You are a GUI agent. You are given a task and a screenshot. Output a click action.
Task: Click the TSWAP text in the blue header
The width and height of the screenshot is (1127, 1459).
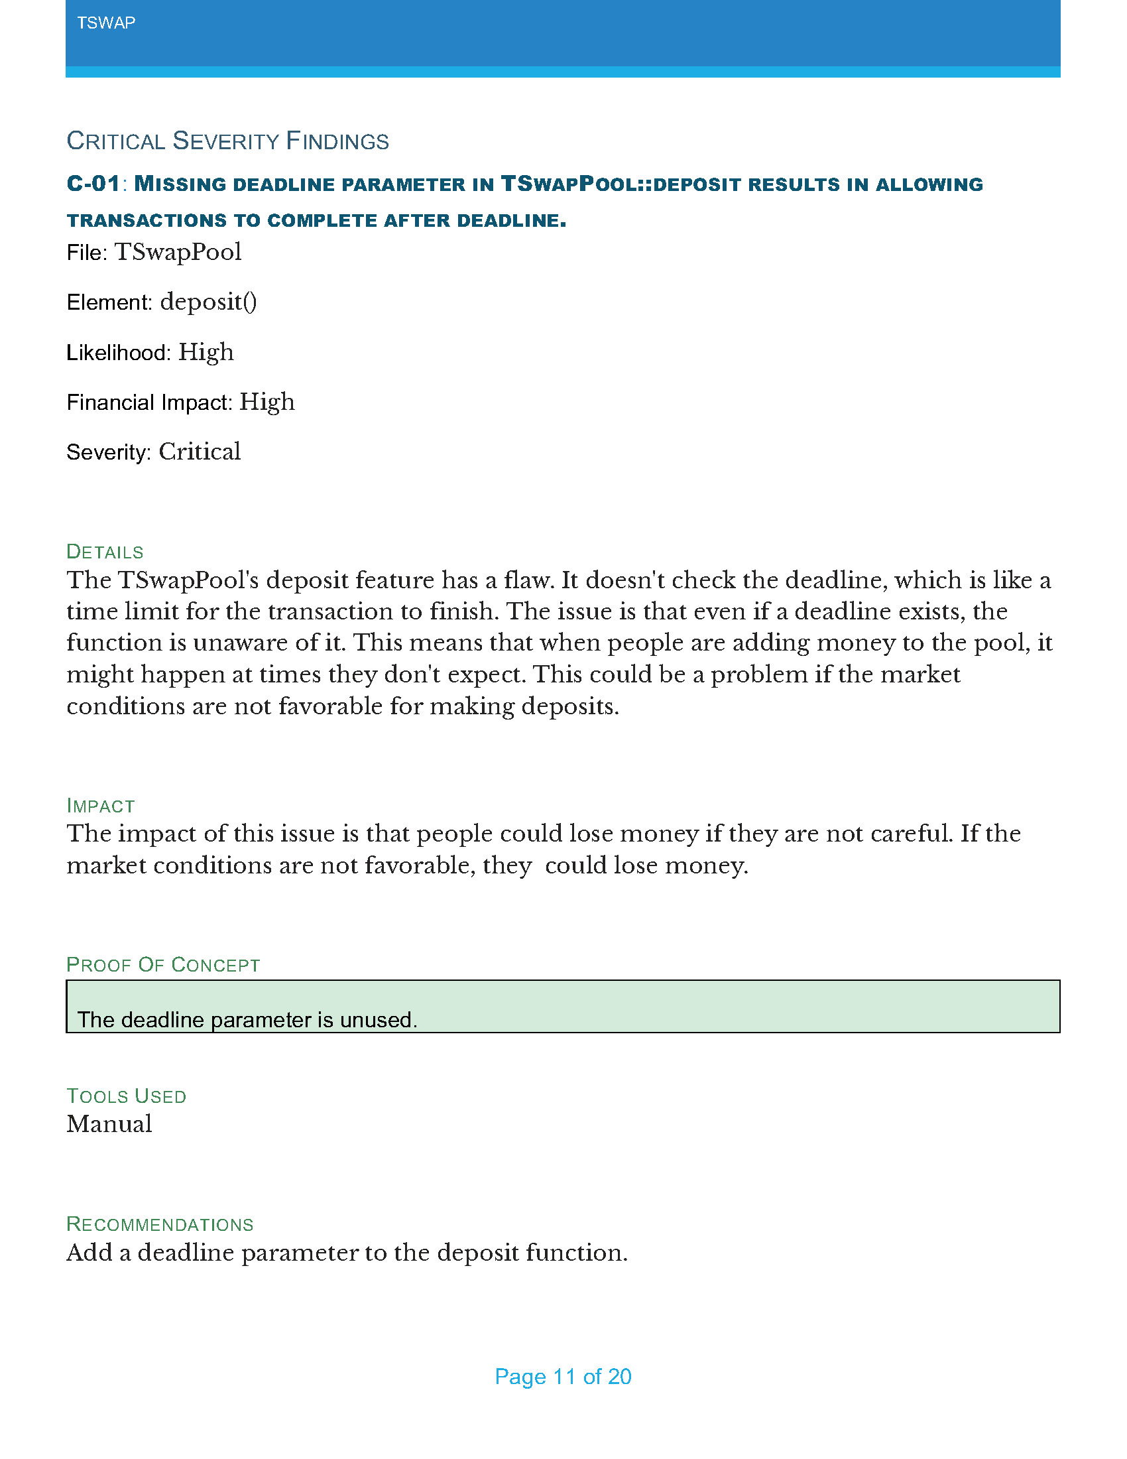(106, 23)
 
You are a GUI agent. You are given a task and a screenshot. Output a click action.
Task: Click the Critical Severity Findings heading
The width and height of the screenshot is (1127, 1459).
(227, 141)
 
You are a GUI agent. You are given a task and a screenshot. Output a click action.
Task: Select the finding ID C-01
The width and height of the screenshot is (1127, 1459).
(93, 184)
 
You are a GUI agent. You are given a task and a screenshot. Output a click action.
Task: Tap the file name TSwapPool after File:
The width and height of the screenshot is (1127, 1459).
(178, 253)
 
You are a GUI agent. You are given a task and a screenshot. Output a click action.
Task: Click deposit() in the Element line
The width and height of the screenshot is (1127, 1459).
(208, 302)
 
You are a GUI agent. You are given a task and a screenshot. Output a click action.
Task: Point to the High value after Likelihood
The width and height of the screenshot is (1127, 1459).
(206, 353)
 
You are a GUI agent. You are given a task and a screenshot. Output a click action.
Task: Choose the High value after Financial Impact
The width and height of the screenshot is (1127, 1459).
(267, 402)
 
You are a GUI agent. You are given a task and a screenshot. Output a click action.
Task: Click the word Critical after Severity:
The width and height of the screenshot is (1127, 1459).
(199, 452)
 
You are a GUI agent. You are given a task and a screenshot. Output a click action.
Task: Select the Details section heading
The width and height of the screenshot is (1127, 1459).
(105, 552)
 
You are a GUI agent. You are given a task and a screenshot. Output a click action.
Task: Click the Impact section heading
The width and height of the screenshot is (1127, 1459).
(100, 806)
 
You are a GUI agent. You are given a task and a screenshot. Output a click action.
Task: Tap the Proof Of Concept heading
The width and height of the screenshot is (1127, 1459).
(163, 965)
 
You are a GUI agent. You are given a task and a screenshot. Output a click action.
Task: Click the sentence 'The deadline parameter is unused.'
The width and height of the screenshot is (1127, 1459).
(247, 1020)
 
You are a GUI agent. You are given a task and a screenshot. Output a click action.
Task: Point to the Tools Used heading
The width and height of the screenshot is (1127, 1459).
(126, 1096)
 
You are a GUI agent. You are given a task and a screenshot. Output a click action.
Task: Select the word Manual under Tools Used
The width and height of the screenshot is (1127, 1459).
(109, 1124)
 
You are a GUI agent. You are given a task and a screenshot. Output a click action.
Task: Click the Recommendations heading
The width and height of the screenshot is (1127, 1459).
(160, 1224)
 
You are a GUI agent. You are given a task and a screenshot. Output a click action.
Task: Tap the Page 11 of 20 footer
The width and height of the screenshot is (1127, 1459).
(563, 1377)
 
